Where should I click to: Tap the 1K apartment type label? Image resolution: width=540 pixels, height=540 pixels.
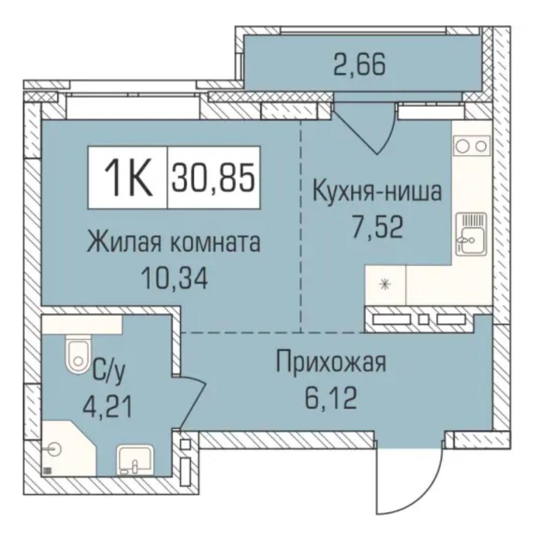tap(128, 178)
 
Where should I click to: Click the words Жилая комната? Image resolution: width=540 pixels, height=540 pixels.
tap(173, 242)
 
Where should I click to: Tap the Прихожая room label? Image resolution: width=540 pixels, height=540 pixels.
tap(332, 362)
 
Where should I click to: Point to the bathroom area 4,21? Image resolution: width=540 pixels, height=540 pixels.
tap(107, 407)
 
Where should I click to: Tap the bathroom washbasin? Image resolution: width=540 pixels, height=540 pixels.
tap(135, 460)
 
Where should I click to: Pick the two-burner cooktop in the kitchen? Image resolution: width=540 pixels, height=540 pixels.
tap(471, 146)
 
